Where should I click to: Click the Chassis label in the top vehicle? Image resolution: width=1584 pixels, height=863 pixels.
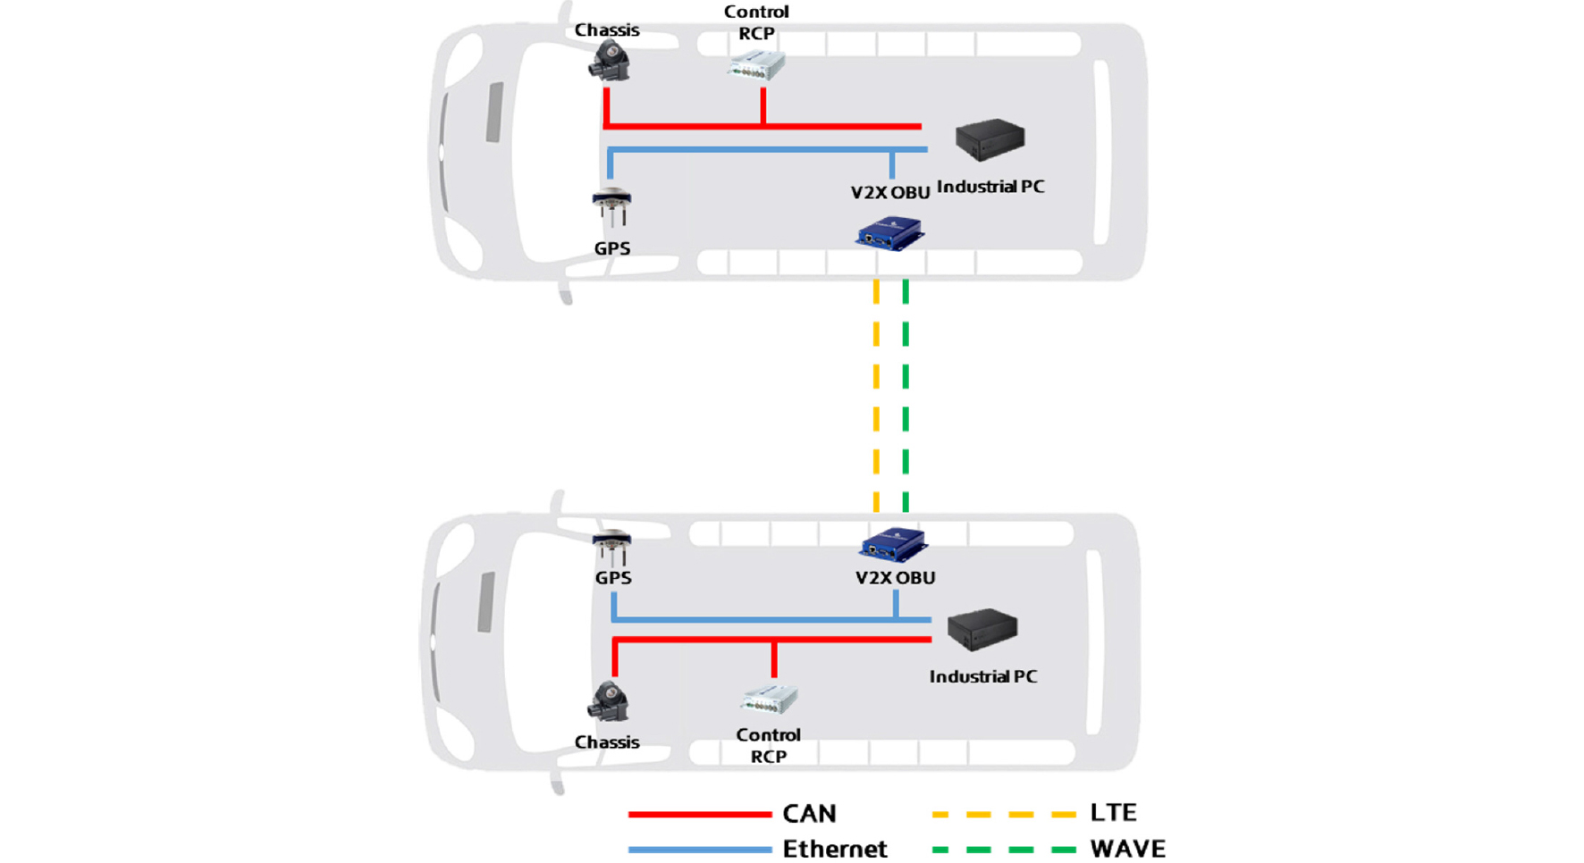coord(607,30)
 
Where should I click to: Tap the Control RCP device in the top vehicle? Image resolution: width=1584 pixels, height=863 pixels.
coord(757,65)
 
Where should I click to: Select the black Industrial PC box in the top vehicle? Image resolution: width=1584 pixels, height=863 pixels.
coord(990,139)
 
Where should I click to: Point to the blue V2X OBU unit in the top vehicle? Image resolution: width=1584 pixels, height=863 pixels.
coord(889,234)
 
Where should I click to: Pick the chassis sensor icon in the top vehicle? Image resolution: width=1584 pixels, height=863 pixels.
coord(610,62)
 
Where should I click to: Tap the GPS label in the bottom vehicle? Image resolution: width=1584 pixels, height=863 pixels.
coord(613,578)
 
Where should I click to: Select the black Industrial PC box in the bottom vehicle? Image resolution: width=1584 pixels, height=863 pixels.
coord(982,629)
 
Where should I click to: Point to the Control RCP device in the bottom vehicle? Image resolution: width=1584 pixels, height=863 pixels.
coord(770,699)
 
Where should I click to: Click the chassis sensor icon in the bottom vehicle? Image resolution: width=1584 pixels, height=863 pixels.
coord(609,701)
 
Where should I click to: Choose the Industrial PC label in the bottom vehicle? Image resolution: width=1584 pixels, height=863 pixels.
coord(983,676)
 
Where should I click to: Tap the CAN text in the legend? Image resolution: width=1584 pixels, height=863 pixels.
coord(810,814)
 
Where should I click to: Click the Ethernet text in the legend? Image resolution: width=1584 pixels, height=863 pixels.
coord(835,849)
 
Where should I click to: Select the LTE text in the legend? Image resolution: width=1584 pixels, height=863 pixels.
coord(1113,813)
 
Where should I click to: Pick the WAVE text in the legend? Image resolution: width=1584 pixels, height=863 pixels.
coord(1128,849)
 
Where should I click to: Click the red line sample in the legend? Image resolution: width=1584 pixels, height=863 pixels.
coord(700,815)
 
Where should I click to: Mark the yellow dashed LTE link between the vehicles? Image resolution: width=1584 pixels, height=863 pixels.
coord(876,396)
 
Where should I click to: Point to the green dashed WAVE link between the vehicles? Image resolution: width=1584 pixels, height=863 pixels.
coord(906,396)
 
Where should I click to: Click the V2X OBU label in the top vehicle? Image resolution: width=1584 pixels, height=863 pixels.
coord(890,192)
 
